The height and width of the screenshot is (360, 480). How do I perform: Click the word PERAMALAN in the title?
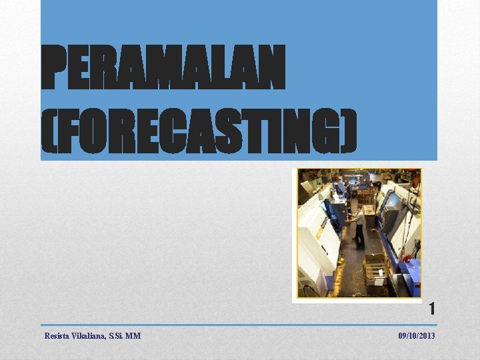point(163,67)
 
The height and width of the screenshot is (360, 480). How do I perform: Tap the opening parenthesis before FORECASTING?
point(47,130)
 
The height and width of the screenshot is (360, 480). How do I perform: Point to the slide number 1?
point(432,309)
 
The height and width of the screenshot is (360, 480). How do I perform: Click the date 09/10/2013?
point(417,336)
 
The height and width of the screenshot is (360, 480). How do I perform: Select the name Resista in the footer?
point(57,336)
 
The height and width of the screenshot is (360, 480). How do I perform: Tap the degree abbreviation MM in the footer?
point(133,336)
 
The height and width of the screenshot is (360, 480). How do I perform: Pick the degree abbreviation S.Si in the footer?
point(115,336)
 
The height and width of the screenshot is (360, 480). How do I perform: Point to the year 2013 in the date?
point(427,336)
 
